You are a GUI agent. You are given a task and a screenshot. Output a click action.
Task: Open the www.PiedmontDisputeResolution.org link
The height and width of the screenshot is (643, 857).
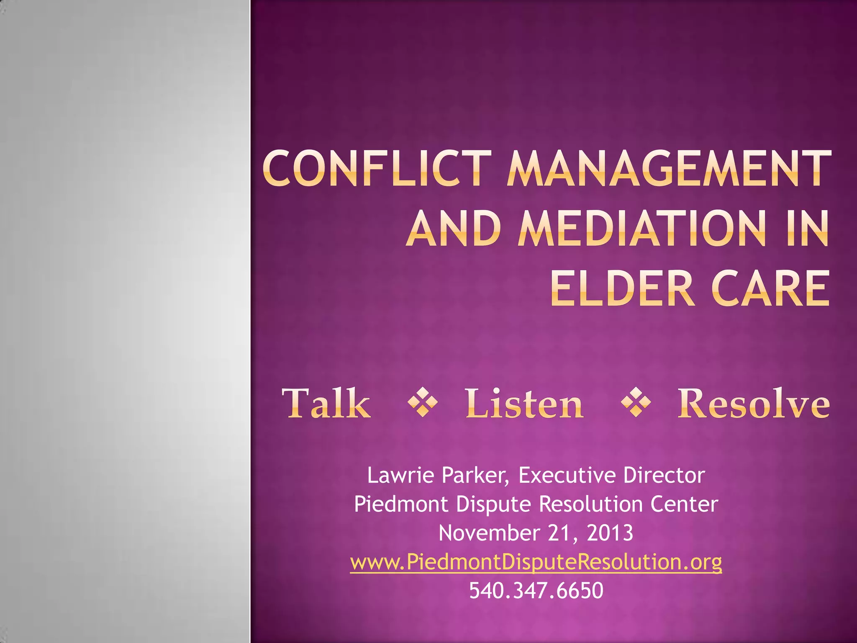pyautogui.click(x=536, y=562)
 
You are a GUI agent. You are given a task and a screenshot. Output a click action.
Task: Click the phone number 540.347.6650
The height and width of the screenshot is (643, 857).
pyautogui.click(x=536, y=591)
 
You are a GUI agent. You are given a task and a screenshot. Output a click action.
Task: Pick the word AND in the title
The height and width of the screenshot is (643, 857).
pyautogui.click(x=454, y=229)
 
